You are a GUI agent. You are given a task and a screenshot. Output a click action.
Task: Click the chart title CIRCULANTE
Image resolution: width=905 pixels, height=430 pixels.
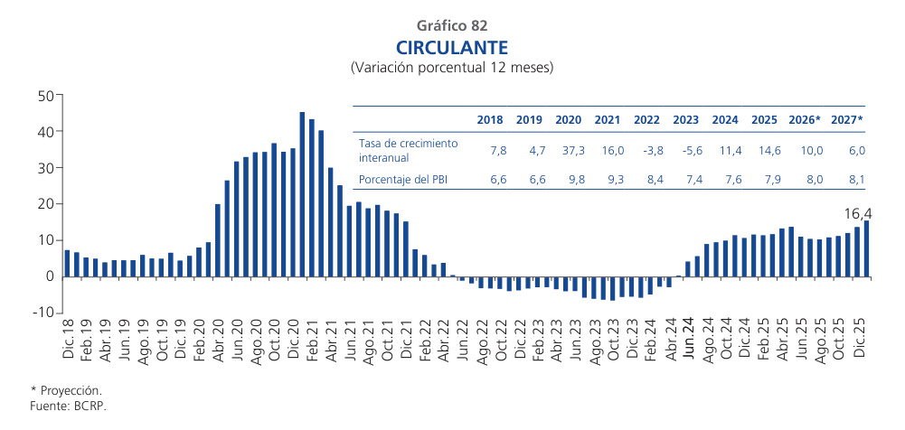point(452,47)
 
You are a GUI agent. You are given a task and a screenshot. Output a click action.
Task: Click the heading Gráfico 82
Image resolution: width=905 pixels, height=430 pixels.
point(452,25)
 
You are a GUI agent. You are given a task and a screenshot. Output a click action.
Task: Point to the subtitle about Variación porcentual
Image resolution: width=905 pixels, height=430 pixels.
point(452,68)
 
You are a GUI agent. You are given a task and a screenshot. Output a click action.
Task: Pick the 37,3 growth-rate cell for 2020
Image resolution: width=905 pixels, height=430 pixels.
point(568,148)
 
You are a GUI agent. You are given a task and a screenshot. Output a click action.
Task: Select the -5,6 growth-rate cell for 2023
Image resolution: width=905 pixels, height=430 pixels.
point(686,148)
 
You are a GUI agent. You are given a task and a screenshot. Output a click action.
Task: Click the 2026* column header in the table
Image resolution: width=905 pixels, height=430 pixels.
point(805,119)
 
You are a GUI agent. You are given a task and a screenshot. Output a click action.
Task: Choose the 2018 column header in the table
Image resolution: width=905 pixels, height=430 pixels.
point(490,119)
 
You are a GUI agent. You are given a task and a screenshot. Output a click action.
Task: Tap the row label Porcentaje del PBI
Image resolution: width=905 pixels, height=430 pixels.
point(403,179)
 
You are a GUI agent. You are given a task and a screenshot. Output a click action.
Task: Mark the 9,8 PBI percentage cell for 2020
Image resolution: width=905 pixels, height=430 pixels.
point(568,179)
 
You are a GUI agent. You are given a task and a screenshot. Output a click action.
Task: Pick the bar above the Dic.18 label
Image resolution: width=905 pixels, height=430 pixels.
point(67,263)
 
